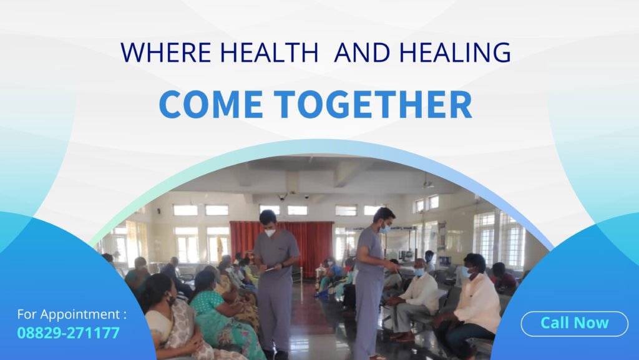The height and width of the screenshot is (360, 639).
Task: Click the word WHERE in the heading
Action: [166, 52]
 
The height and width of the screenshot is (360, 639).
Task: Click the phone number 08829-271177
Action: [69, 333]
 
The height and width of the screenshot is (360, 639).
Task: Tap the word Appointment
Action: [80, 315]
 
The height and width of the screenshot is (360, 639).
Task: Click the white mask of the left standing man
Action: [270, 233]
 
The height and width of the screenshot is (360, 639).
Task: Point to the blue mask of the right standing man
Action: [384, 228]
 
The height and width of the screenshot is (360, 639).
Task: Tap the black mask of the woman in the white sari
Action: [171, 300]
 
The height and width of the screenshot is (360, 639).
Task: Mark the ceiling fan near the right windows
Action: [427, 184]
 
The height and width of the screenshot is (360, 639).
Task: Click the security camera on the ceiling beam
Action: [281, 197]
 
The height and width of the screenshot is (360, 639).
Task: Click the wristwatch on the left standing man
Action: [282, 265]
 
